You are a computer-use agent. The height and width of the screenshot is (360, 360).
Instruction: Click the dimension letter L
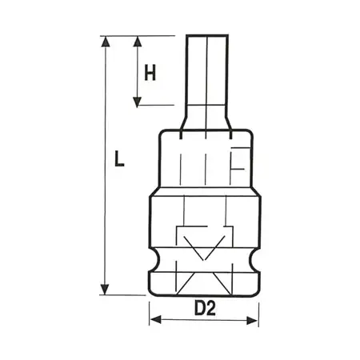tap(118, 160)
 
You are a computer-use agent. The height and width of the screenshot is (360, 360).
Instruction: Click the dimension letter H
tap(149, 73)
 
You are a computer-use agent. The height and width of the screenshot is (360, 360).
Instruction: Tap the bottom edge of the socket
tap(204, 294)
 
